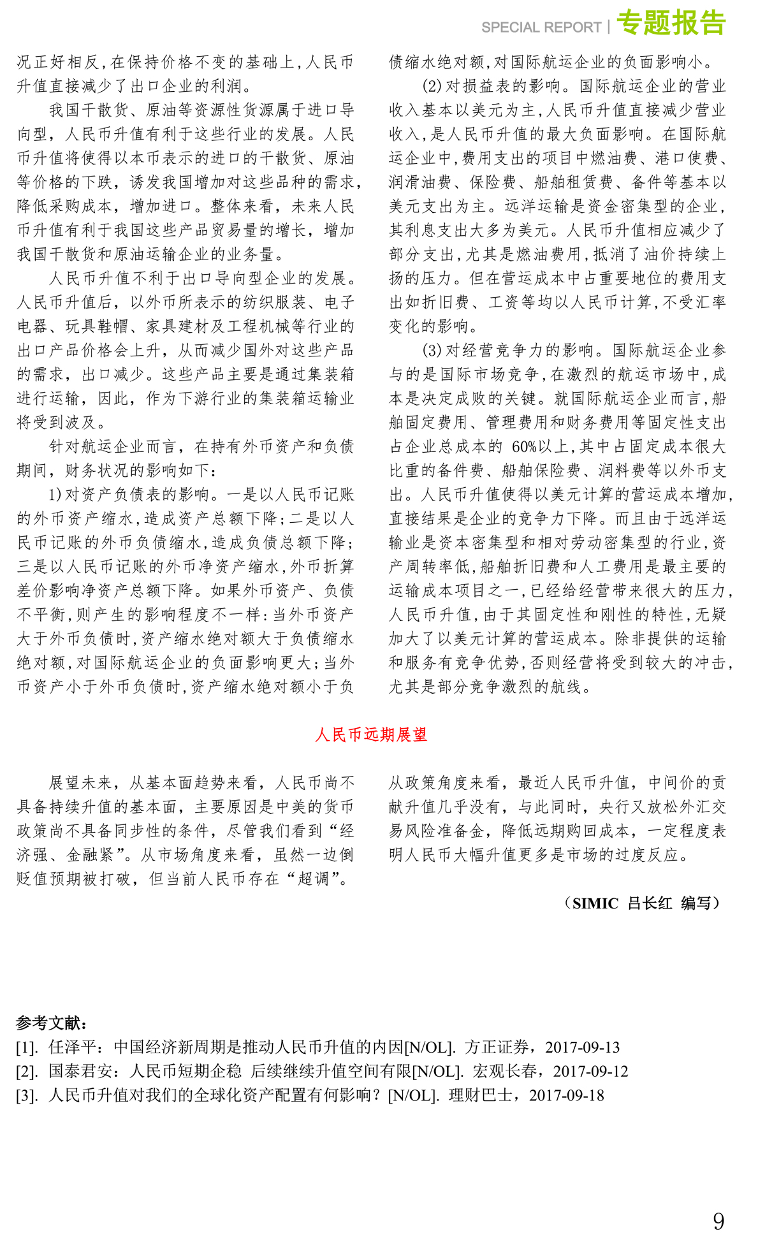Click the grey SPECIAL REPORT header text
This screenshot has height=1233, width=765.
point(541,27)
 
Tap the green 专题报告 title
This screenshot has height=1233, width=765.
point(671,23)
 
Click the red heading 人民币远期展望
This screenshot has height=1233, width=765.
point(371,735)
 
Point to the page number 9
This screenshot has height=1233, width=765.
point(718,1202)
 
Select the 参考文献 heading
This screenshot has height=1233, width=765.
point(51,1023)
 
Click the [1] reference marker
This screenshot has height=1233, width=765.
point(27,1047)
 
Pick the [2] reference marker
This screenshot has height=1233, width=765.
point(27,1072)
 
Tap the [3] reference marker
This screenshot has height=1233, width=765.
point(27,1096)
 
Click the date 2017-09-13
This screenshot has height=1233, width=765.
point(583,1047)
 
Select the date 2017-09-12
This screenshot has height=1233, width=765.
point(591,1072)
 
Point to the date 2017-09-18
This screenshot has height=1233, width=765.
point(567,1096)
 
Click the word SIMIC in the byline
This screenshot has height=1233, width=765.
point(595,903)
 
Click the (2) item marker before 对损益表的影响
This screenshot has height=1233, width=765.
point(432,86)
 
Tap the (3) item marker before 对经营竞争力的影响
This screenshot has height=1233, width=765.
point(432,351)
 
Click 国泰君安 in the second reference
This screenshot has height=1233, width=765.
point(80,1072)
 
